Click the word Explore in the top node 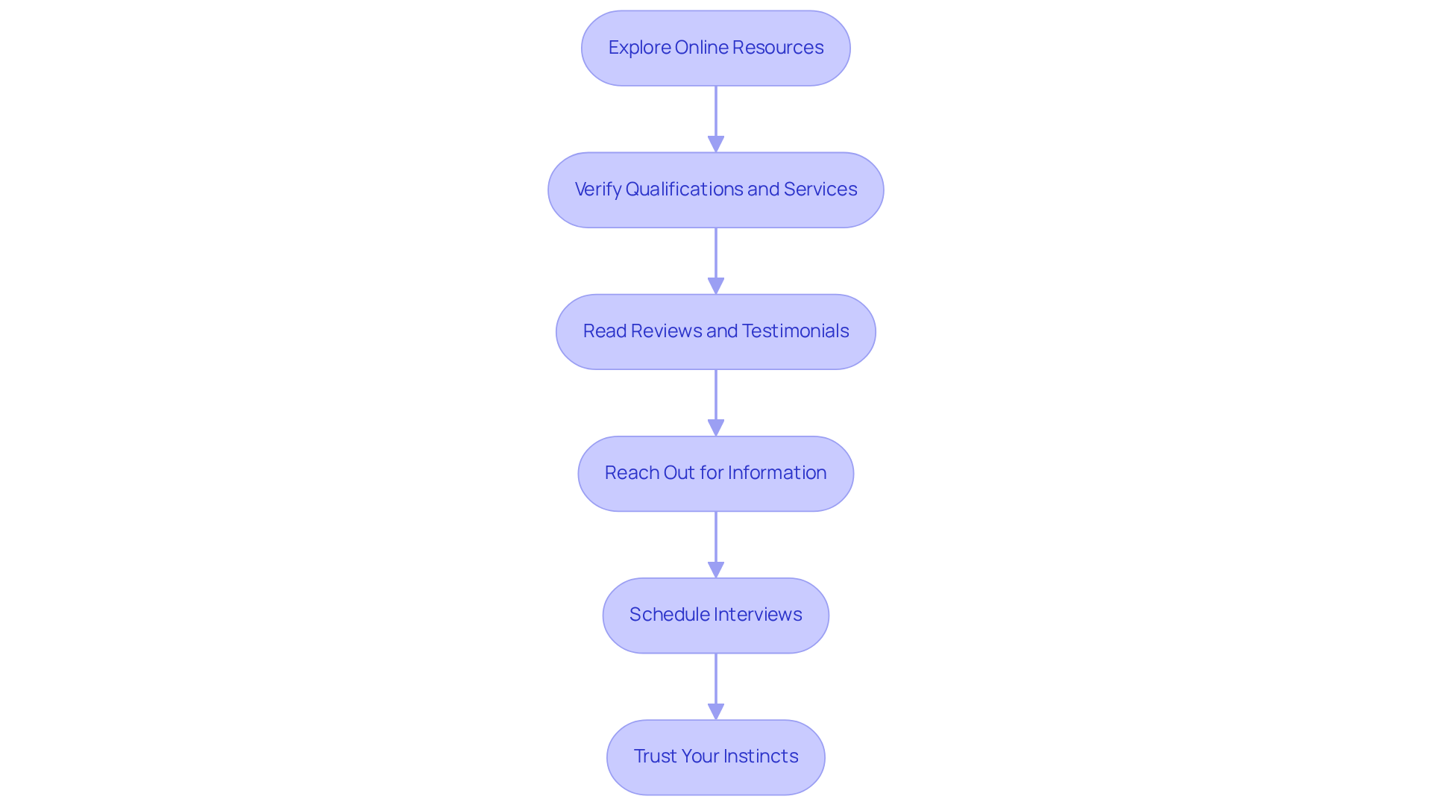pyautogui.click(x=639, y=48)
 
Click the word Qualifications pyautogui.click(x=684, y=190)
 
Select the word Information pyautogui.click(x=777, y=473)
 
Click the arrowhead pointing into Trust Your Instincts pyautogui.click(x=716, y=712)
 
